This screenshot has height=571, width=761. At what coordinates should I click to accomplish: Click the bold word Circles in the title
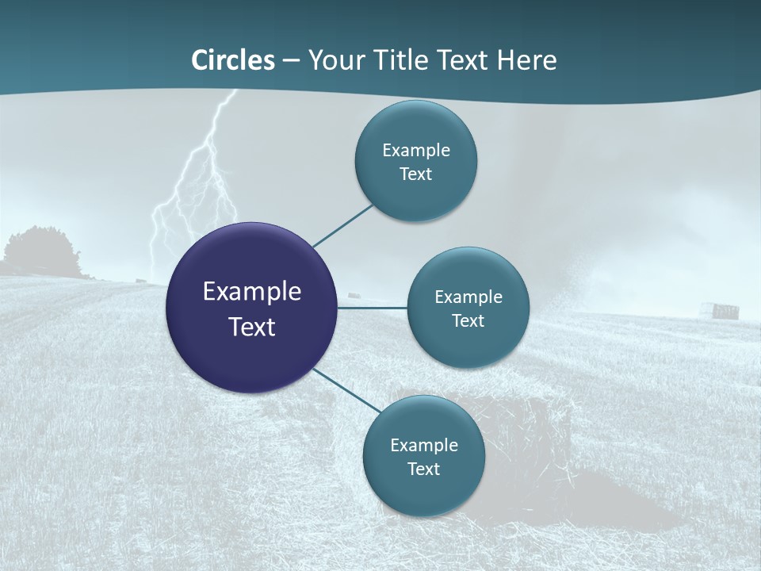pyautogui.click(x=233, y=60)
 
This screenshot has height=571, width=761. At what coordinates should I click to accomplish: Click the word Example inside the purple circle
pyautogui.click(x=252, y=292)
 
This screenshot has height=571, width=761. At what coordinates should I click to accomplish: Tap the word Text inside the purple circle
pyautogui.click(x=252, y=327)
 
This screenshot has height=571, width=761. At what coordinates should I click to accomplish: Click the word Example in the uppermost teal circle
pyautogui.click(x=415, y=151)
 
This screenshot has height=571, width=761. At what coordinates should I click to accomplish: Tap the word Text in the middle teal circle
pyautogui.click(x=468, y=321)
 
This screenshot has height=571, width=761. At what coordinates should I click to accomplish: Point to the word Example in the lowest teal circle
pyautogui.click(x=423, y=446)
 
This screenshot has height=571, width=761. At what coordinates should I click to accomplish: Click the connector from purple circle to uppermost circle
pyautogui.click(x=342, y=226)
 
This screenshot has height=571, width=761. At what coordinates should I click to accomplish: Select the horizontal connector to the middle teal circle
pyautogui.click(x=372, y=308)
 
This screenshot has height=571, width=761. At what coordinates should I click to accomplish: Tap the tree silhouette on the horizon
pyautogui.click(x=40, y=252)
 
